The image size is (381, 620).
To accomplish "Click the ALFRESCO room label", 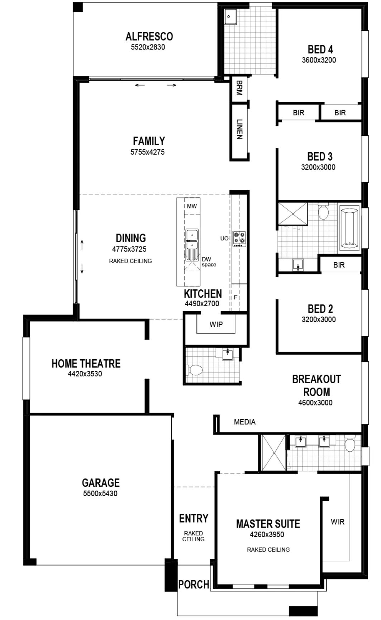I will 149,37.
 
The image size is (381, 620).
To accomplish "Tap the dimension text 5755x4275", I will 147,152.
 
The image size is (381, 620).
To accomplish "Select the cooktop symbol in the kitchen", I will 239,239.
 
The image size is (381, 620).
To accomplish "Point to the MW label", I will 192,206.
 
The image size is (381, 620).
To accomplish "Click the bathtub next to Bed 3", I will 349,228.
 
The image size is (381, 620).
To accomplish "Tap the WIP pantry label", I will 216,325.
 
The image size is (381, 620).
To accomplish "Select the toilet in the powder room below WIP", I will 195,370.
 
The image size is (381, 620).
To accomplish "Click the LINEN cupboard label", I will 239,129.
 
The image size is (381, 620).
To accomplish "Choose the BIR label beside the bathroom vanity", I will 339,265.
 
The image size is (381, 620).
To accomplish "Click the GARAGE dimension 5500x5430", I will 100,494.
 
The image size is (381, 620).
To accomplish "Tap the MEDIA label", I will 244,422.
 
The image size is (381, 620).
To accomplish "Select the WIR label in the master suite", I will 338,522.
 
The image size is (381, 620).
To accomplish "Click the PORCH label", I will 194,585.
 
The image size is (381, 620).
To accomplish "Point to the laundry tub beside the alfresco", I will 229,17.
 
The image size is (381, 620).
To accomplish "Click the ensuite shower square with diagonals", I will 273,453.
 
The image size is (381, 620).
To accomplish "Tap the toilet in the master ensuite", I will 349,444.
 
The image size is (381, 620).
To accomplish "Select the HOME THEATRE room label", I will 86,364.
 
